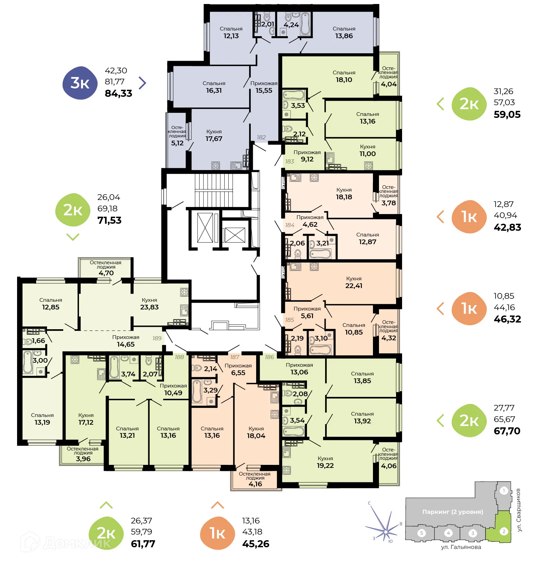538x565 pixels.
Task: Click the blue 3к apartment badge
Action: [x=80, y=83]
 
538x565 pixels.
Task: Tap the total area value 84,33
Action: [x=118, y=93]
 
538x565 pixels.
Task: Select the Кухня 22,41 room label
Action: [x=354, y=282]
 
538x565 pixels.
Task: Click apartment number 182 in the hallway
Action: [x=261, y=137]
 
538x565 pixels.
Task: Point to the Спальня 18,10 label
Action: [x=344, y=76]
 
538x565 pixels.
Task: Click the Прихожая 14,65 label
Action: [x=126, y=341]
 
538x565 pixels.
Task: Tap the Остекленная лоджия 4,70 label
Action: [x=105, y=268]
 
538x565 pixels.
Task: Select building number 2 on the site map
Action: [x=504, y=531]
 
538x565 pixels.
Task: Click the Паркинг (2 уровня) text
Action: [x=452, y=512]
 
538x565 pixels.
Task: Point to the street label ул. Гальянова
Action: [x=461, y=547]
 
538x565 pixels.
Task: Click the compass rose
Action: [x=385, y=531]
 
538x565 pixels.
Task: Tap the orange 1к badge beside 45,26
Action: [x=217, y=533]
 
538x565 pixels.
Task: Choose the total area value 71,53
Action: [x=109, y=220]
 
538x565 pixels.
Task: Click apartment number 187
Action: [x=234, y=357]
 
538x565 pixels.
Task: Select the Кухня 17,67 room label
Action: [x=214, y=135]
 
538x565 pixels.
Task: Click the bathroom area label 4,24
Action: [x=291, y=25]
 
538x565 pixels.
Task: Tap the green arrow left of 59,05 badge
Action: [x=441, y=104]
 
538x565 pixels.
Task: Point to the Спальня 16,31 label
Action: [x=214, y=87]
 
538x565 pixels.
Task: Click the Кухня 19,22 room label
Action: [x=325, y=462]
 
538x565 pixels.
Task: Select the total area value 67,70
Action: [x=507, y=431]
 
